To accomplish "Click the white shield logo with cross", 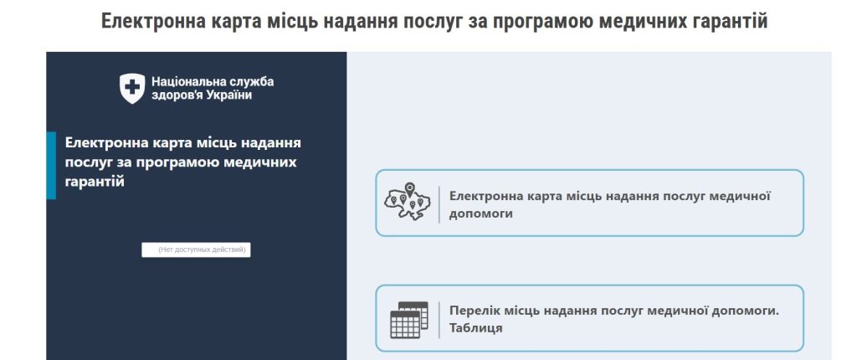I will (x=132, y=88).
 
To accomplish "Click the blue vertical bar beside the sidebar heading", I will (x=51, y=165).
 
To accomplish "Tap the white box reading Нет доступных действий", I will (x=196, y=249).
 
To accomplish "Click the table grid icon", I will (x=409, y=319).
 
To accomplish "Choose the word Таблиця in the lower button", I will (x=475, y=328).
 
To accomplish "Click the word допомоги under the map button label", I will (x=481, y=213).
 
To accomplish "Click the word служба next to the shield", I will (x=250, y=81).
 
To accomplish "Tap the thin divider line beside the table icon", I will (x=439, y=319).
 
